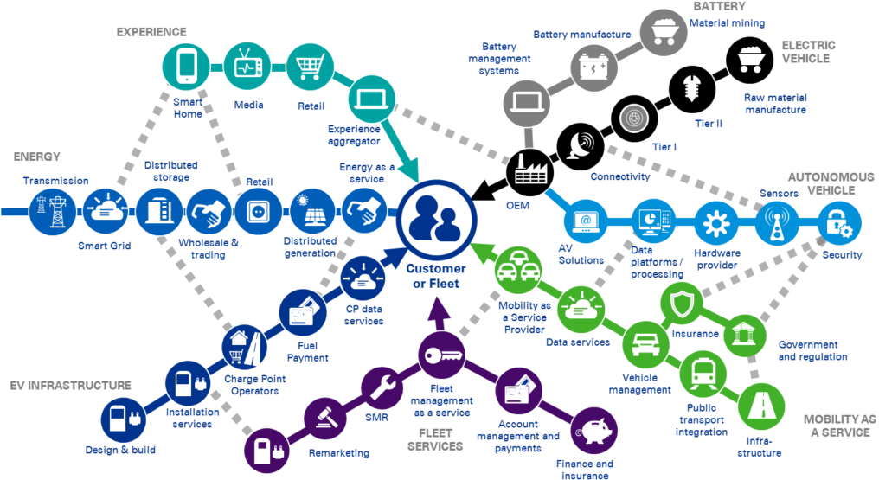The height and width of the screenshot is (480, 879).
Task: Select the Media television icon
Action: [x=248, y=67]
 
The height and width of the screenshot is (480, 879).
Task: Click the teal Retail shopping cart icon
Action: [x=310, y=66]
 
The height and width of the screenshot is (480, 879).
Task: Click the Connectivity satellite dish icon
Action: [x=581, y=146]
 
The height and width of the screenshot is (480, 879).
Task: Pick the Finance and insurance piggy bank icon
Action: [x=593, y=431]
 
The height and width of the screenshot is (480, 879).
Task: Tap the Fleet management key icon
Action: [x=442, y=354]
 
